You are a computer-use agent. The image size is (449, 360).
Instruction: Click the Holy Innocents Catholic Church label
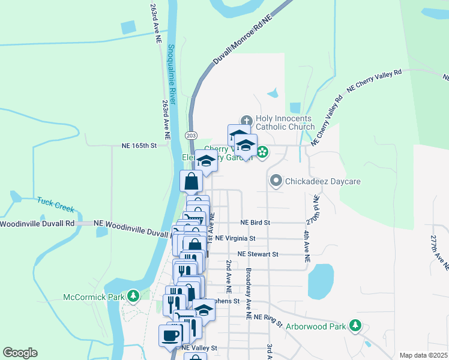285,122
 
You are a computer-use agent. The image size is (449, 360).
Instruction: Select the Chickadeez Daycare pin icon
276,180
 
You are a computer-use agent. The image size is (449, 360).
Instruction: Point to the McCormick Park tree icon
133,296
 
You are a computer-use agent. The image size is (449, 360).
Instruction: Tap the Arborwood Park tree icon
356,326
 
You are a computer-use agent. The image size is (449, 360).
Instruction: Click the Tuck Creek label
55,205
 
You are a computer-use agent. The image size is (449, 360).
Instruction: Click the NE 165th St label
139,145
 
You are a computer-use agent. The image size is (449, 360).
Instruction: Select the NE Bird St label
255,222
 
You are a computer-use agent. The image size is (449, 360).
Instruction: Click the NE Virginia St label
235,238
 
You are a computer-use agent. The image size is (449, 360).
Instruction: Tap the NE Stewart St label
258,254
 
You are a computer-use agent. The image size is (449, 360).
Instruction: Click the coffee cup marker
169,335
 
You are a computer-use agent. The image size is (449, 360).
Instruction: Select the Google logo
20,353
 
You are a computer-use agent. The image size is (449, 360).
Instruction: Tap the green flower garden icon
262,152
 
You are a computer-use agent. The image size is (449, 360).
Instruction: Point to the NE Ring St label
268,318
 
